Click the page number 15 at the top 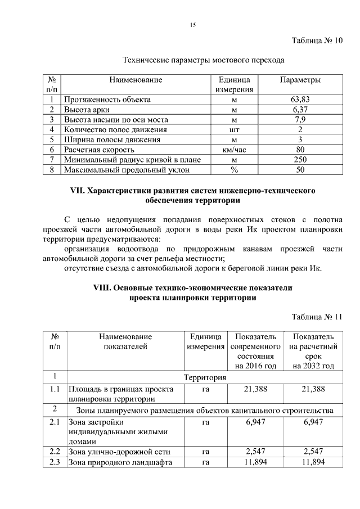point(193,24)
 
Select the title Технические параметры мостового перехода point(204,59)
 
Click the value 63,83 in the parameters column point(300,99)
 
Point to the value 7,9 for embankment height point(300,119)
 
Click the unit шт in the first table point(235,129)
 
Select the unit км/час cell point(235,150)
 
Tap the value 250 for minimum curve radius point(300,160)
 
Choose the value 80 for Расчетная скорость point(300,150)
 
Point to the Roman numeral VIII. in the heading point(102,287)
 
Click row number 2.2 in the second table point(55,452)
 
